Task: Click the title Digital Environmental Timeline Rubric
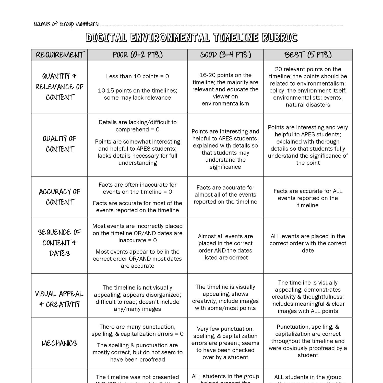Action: click(192, 38)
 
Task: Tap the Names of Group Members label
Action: click(66, 24)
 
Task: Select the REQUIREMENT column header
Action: click(59, 55)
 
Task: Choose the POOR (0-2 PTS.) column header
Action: click(138, 55)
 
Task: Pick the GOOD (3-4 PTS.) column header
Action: click(225, 55)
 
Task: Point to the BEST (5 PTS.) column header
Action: click(308, 55)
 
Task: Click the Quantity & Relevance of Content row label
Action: click(59, 87)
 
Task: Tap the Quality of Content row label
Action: click(59, 144)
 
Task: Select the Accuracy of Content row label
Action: click(59, 197)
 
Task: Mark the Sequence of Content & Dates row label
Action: click(59, 243)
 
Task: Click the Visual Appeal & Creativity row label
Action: click(59, 299)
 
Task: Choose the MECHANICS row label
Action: click(59, 343)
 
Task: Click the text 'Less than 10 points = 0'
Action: click(137, 76)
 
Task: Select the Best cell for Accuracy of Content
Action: click(308, 198)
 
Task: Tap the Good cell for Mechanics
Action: click(225, 343)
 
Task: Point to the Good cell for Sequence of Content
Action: click(225, 247)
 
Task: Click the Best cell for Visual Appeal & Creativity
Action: click(308, 297)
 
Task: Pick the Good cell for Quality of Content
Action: click(225, 149)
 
